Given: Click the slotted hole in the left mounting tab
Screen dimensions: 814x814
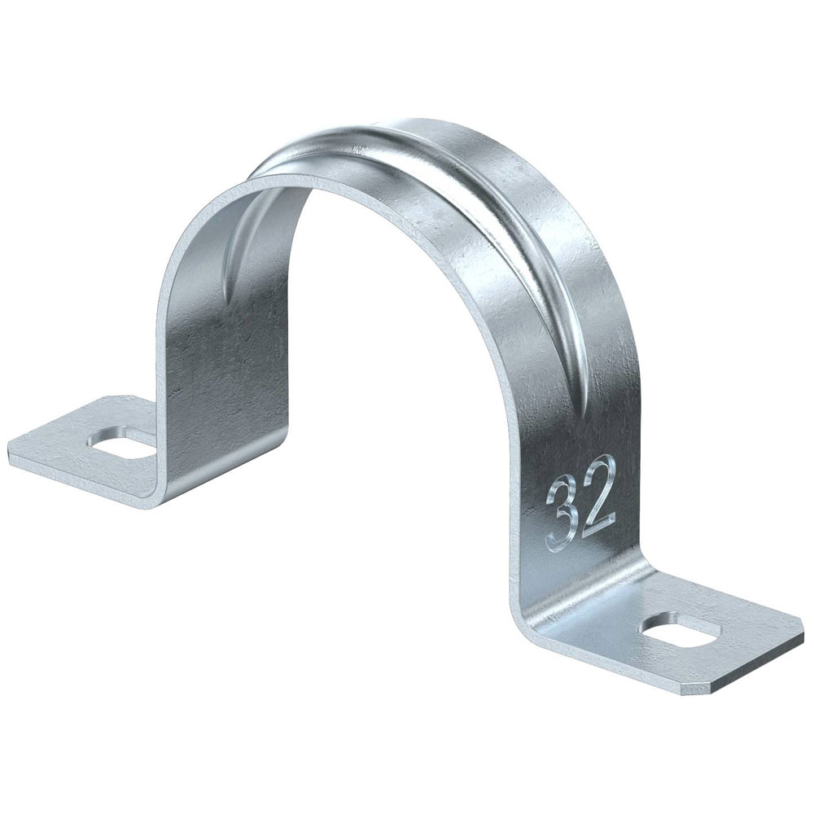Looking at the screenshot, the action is point(124,440).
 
